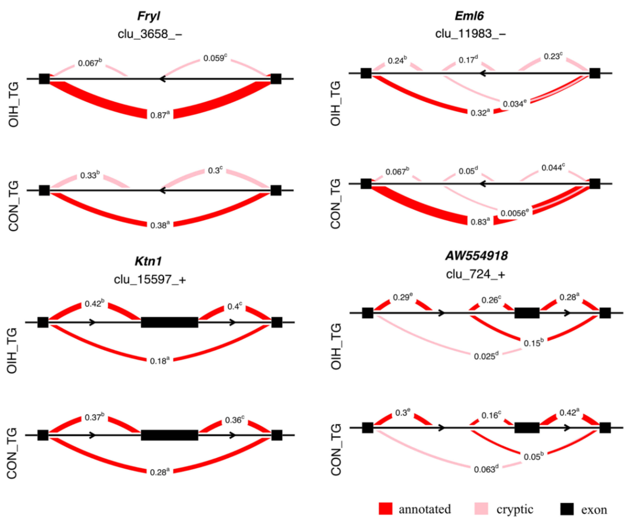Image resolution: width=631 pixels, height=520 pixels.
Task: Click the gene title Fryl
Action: pyautogui.click(x=149, y=16)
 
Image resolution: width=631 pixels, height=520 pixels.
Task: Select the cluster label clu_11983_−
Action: pyautogui.click(x=470, y=34)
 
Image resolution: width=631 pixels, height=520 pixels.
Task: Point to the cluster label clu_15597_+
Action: pyautogui.click(x=150, y=279)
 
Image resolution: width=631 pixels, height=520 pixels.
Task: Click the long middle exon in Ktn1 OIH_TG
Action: pyautogui.click(x=169, y=322)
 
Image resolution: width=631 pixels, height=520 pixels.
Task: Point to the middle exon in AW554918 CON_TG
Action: pyautogui.click(x=527, y=428)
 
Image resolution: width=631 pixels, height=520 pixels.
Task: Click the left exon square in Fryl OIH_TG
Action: pyautogui.click(x=44, y=79)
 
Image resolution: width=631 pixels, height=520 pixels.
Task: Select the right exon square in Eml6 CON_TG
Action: pyautogui.click(x=594, y=184)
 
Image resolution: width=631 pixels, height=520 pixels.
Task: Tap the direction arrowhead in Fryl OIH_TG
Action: pyautogui.click(x=162, y=79)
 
